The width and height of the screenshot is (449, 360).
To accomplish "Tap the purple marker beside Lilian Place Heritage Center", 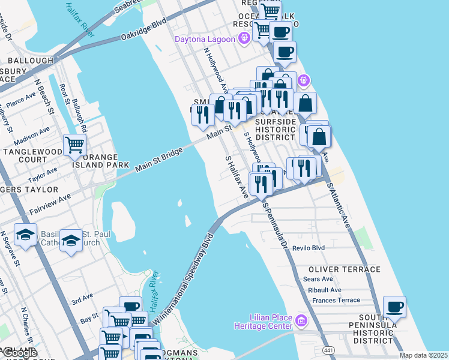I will pyautogui.click(x=301, y=322).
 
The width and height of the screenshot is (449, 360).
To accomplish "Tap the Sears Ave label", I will pyautogui.click(x=318, y=279).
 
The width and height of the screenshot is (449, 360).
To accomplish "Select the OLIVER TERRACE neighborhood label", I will pyautogui.click(x=345, y=269).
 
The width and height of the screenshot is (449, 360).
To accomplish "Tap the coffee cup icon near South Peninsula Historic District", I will pyautogui.click(x=394, y=307).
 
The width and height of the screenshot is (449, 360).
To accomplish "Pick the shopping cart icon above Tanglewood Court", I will pyautogui.click(x=74, y=145).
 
